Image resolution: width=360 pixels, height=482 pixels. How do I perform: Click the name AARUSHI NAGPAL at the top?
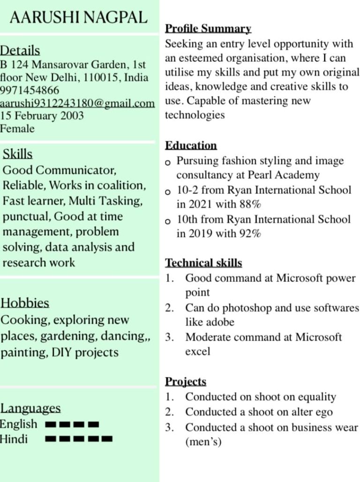[x=78, y=18]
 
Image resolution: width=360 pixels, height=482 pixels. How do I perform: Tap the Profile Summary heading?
[x=208, y=29]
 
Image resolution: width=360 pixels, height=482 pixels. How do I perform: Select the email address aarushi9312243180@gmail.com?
[x=77, y=103]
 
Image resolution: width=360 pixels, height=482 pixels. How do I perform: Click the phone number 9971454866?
[x=30, y=90]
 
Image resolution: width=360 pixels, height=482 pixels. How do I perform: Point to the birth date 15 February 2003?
[x=42, y=115]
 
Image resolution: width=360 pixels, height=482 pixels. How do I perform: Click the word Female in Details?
[x=17, y=128]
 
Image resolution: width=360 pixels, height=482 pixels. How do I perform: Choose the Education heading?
[x=191, y=145]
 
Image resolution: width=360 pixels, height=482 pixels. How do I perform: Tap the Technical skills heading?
[x=203, y=263]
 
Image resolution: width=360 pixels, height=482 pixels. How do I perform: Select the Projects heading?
[x=186, y=382]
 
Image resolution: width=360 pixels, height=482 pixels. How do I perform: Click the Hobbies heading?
[x=25, y=303]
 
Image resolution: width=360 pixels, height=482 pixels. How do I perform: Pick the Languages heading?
[x=30, y=408]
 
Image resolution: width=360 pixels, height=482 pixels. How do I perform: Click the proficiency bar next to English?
[x=72, y=425]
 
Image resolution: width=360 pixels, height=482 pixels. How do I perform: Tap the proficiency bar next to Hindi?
[x=79, y=439]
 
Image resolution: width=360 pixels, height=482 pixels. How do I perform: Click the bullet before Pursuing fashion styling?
[x=168, y=163]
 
